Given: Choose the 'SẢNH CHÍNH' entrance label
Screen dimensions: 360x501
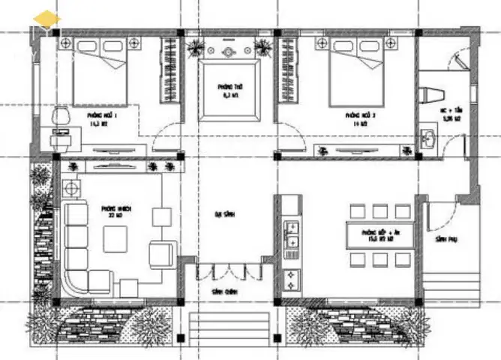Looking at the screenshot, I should (227, 291).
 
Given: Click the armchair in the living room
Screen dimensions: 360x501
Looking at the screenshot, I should (161, 253).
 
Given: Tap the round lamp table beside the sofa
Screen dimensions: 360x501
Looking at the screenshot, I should (73, 187).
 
